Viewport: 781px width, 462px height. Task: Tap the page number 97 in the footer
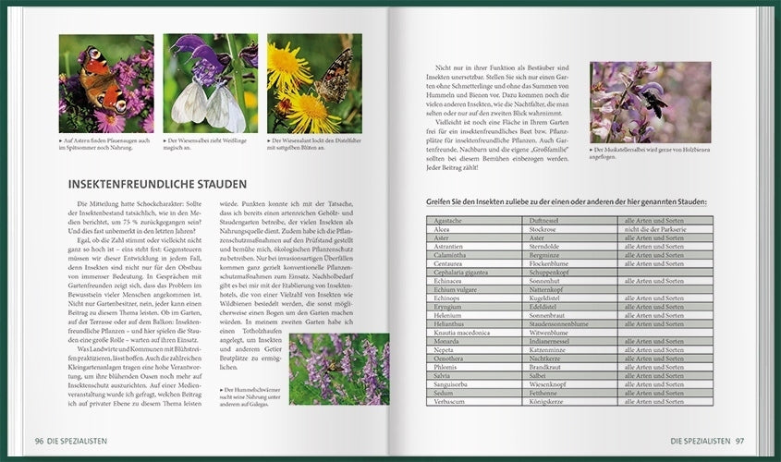pos(738,441)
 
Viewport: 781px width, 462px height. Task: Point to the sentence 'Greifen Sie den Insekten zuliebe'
pos(566,201)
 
